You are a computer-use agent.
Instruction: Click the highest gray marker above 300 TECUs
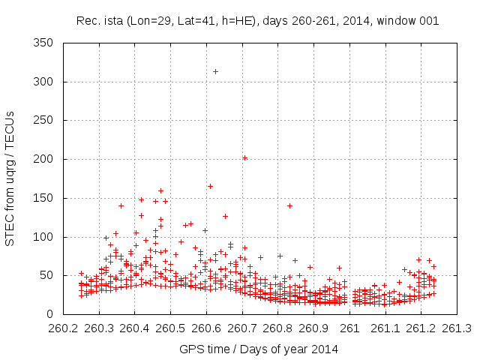[x=215, y=72]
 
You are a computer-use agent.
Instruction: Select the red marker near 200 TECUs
[x=244, y=157]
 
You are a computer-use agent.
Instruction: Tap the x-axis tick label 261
[x=349, y=328]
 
